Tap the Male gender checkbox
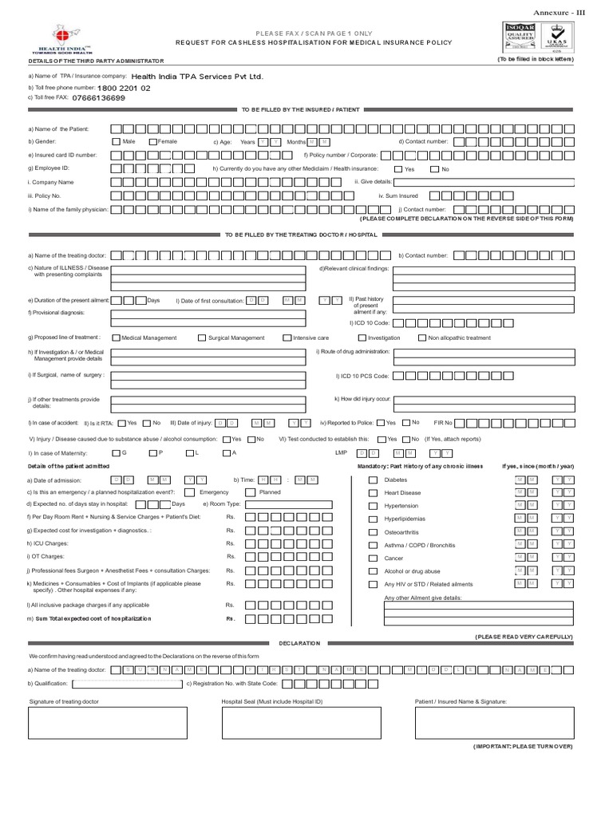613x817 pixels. (x=117, y=141)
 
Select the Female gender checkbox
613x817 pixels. (x=153, y=141)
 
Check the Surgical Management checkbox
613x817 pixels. (x=202, y=337)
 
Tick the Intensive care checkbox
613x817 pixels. (x=287, y=337)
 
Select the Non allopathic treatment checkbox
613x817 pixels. (x=422, y=337)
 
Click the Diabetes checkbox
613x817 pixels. (x=373, y=480)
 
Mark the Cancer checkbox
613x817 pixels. (x=373, y=558)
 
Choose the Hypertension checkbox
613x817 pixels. (x=373, y=507)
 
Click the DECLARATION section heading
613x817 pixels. (x=299, y=642)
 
